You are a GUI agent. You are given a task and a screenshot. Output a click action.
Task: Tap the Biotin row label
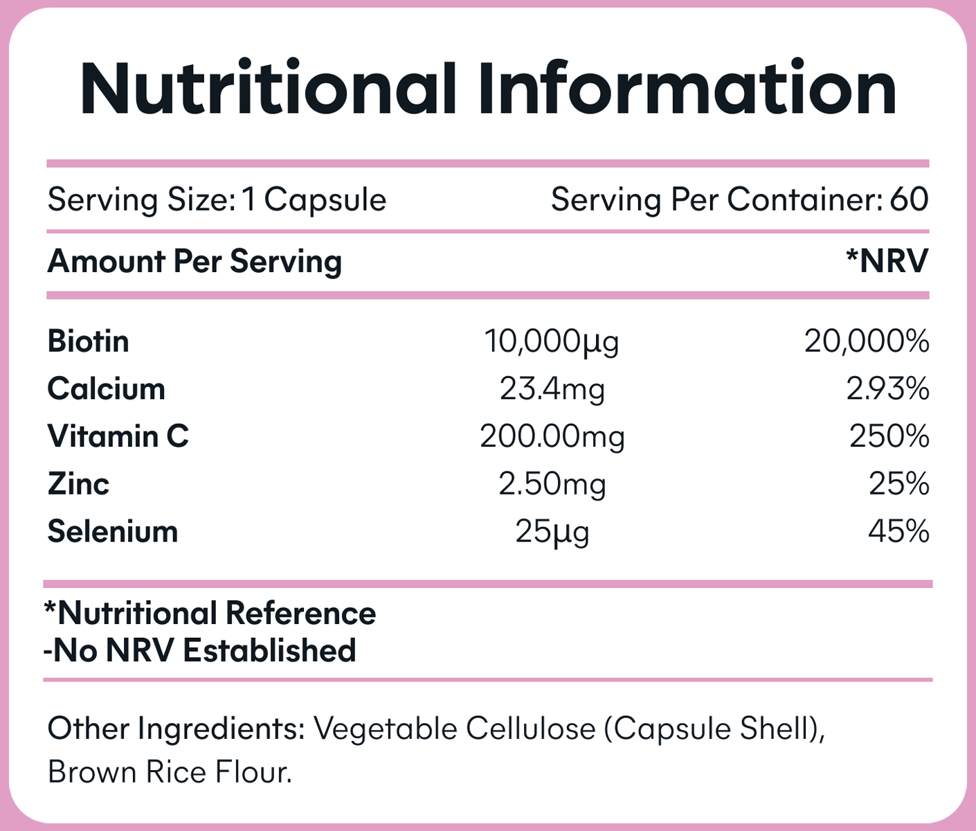click(x=89, y=341)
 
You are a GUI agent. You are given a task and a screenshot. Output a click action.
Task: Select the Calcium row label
click(x=107, y=389)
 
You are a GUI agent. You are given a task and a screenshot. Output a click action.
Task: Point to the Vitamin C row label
click(x=118, y=436)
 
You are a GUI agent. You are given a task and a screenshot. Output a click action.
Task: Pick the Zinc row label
click(x=78, y=483)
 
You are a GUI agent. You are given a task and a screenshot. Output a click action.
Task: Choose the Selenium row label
click(x=113, y=531)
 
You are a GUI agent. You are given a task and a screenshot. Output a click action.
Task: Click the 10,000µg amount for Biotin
click(x=551, y=341)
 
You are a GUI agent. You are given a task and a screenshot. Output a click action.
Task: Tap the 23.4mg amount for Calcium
click(x=552, y=389)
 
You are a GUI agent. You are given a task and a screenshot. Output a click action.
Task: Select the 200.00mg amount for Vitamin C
click(x=552, y=436)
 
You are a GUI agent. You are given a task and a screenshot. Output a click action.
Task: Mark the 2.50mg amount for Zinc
click(x=552, y=483)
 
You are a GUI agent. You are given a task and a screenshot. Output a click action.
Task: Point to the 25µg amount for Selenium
click(x=552, y=532)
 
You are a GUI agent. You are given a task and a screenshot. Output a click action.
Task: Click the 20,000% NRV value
click(x=866, y=341)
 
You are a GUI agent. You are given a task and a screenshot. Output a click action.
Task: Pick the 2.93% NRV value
click(x=887, y=389)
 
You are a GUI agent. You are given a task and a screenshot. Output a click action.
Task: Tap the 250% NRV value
click(x=889, y=436)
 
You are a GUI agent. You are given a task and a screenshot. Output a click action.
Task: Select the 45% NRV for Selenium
click(x=898, y=531)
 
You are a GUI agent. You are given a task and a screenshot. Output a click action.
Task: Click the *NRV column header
click(x=887, y=262)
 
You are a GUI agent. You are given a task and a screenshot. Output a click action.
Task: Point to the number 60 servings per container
click(x=909, y=199)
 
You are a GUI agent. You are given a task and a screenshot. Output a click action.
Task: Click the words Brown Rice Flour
click(x=170, y=772)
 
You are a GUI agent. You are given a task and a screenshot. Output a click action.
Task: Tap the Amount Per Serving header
click(x=195, y=262)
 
